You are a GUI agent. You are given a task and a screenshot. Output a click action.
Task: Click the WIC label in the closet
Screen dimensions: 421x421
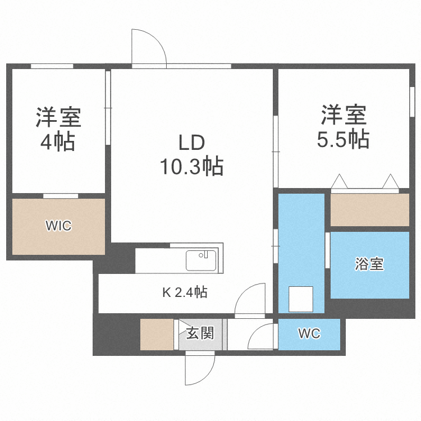[x=58, y=226]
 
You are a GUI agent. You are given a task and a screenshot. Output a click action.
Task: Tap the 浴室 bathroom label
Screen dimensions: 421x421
[x=370, y=264]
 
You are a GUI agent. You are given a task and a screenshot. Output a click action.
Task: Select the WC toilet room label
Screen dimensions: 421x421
[x=309, y=333]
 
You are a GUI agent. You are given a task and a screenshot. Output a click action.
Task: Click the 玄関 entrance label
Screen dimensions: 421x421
[x=200, y=333]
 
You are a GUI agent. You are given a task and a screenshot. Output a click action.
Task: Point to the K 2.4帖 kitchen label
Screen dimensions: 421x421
[x=185, y=292]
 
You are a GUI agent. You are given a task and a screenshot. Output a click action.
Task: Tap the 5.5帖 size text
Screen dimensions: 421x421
[x=343, y=139]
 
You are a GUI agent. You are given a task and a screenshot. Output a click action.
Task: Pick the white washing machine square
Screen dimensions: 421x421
[x=300, y=299]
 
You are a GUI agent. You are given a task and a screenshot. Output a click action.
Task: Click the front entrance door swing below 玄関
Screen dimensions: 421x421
[x=200, y=370]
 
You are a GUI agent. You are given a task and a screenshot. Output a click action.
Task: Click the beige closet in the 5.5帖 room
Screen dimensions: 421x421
[x=370, y=210]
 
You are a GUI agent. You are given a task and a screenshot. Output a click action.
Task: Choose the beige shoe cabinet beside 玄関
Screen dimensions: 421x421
[x=157, y=335]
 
